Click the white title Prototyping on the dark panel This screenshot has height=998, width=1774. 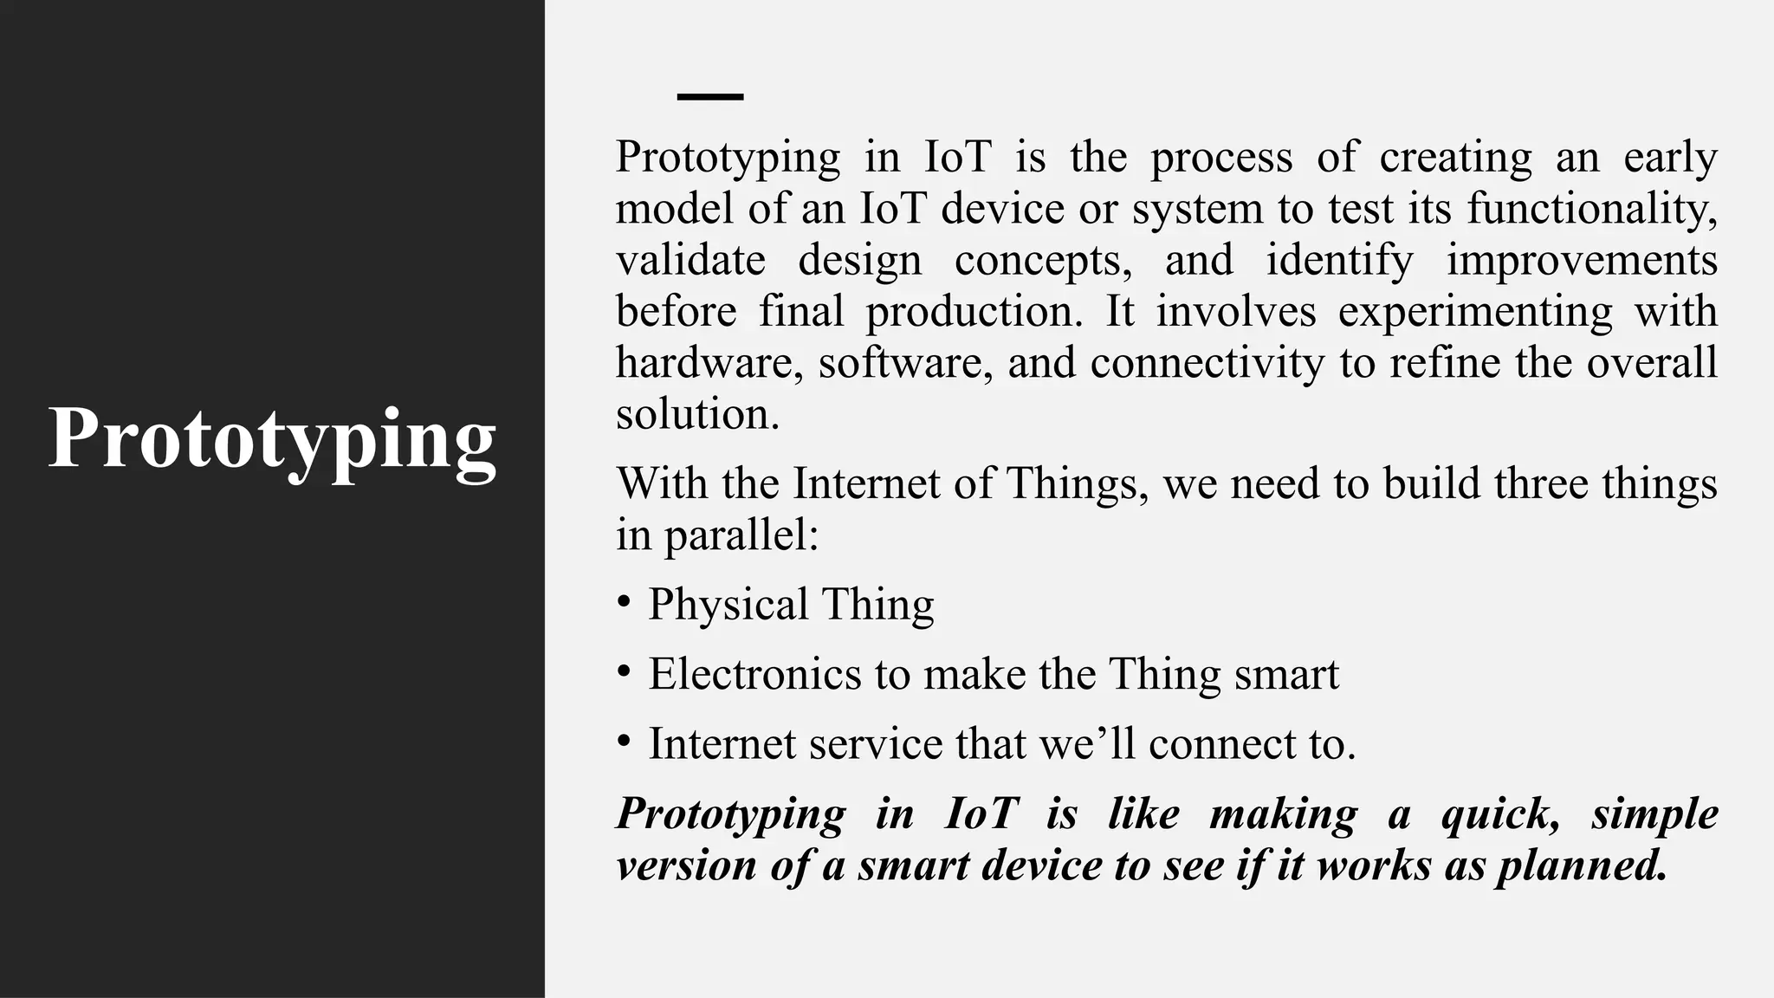(272, 439)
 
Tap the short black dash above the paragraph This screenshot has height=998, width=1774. (709, 97)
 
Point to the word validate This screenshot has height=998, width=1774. (690, 260)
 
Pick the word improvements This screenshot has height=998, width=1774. (1582, 260)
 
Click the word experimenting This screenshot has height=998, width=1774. (1474, 311)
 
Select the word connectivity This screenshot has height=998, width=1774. (1207, 362)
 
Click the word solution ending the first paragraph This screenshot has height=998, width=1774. (696, 413)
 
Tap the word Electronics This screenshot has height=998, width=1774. (754, 674)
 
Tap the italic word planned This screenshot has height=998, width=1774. (1582, 865)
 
